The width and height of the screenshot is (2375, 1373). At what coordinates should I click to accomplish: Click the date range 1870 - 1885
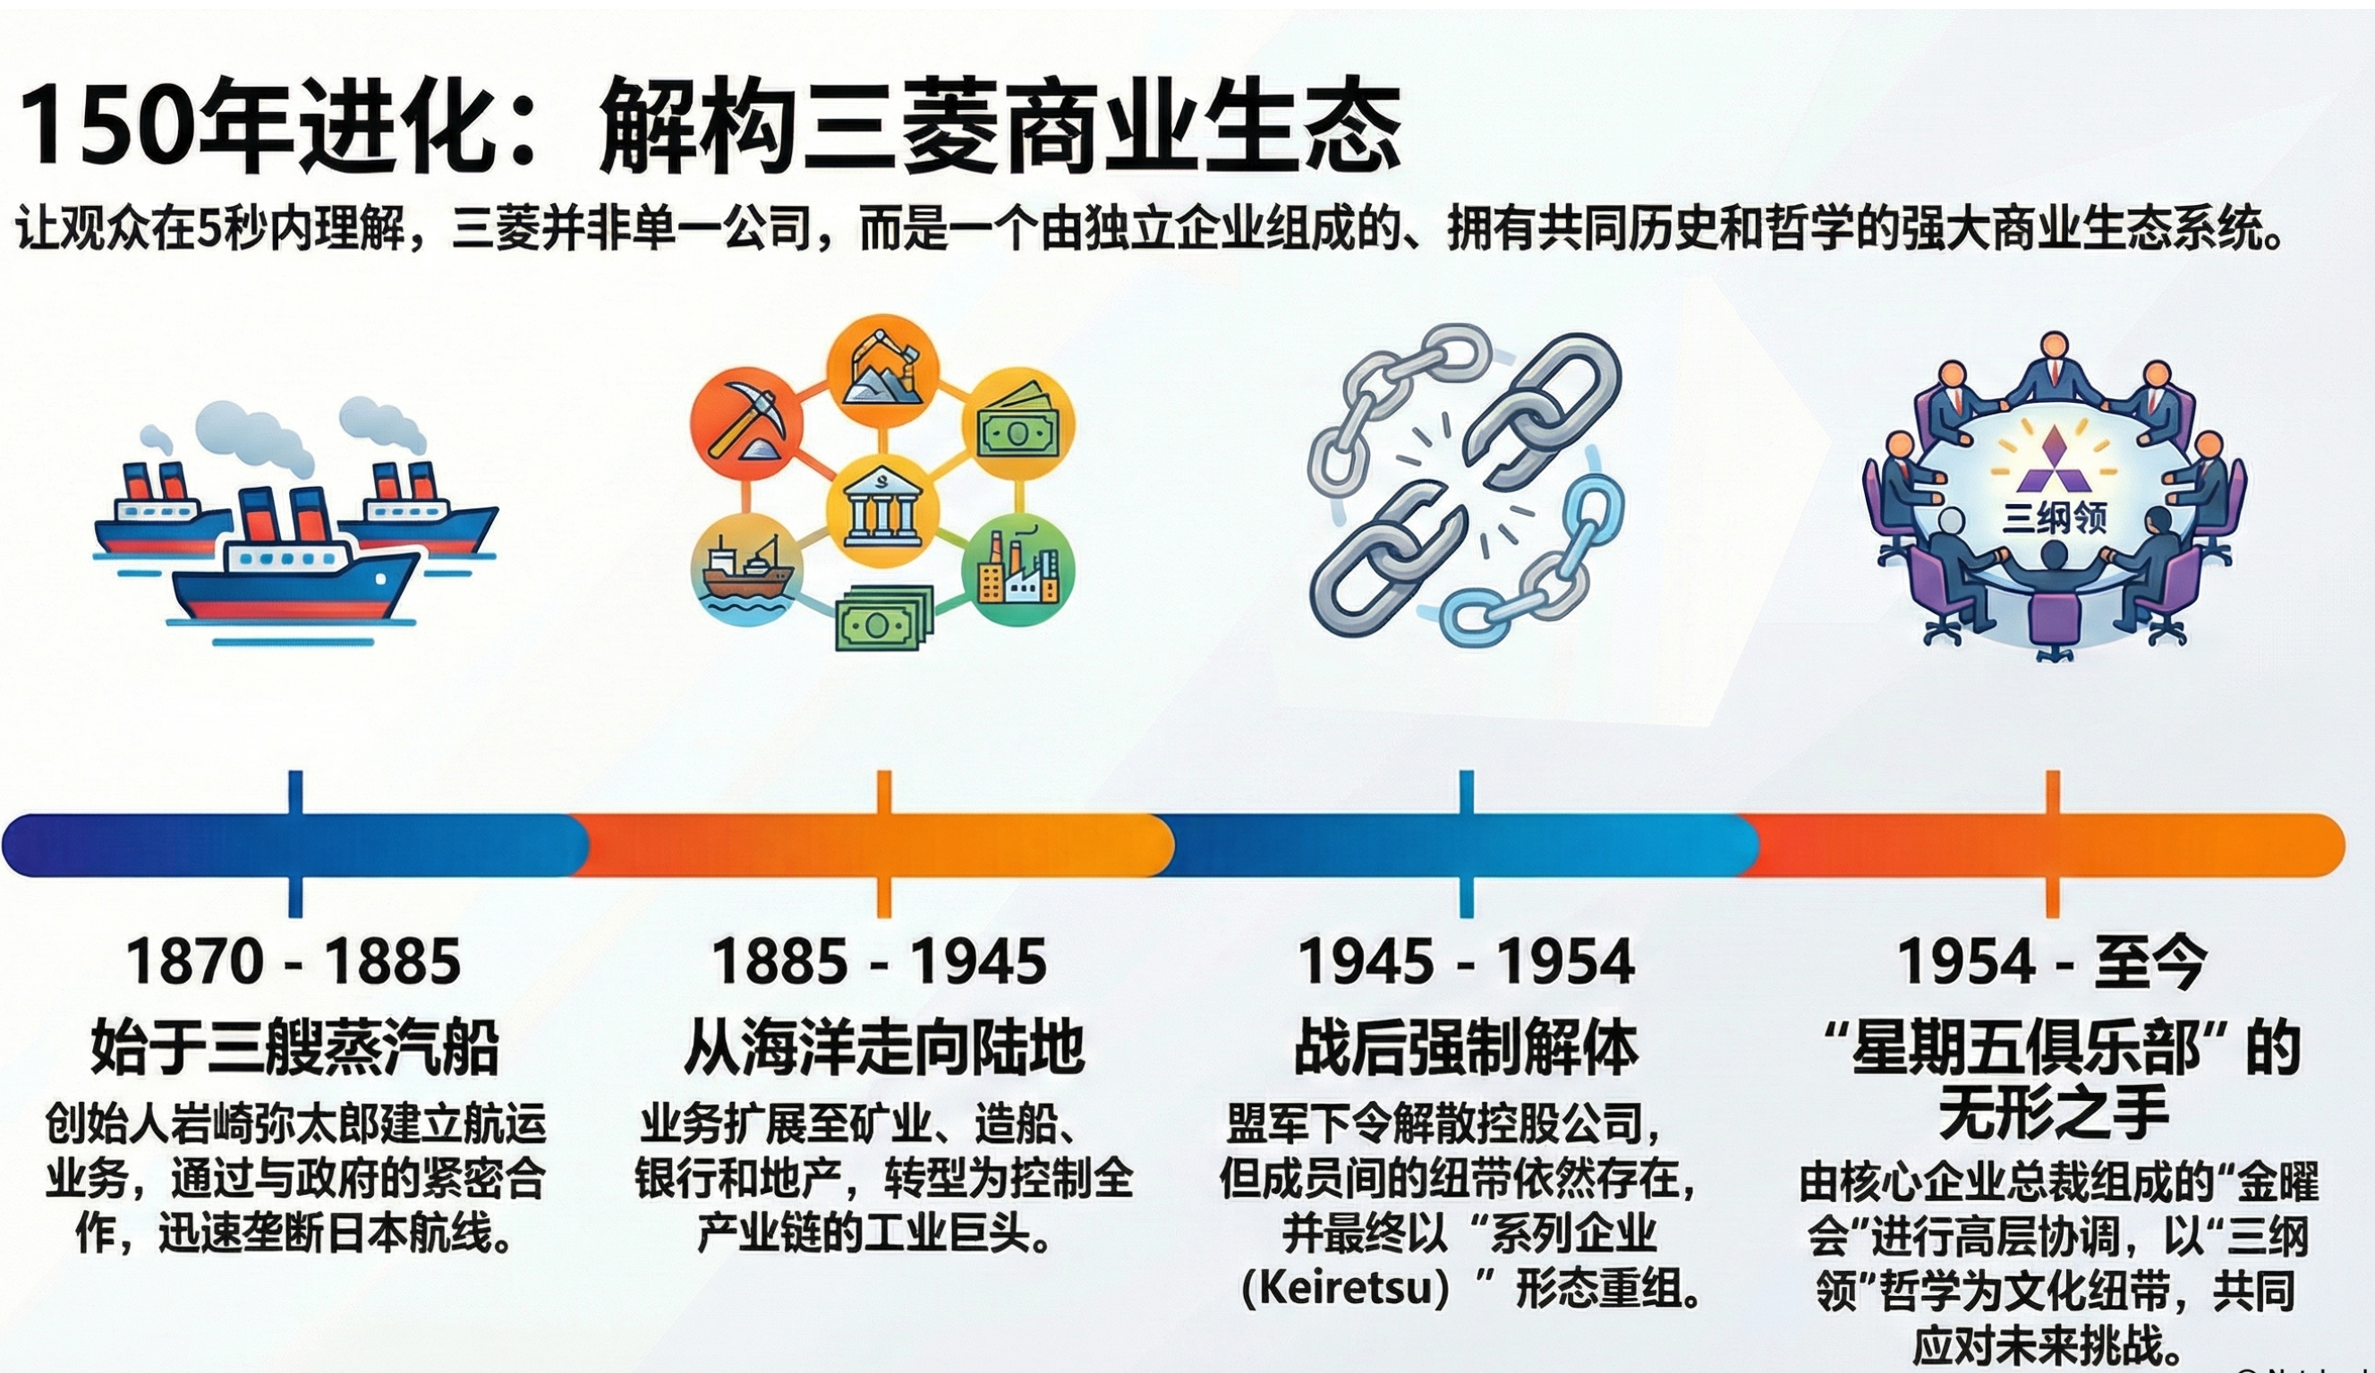click(294, 961)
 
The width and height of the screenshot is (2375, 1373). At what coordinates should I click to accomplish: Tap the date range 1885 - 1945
click(880, 961)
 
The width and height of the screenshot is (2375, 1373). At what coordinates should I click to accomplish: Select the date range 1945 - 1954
click(1467, 961)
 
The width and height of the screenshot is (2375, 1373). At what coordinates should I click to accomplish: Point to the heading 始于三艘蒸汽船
click(295, 1046)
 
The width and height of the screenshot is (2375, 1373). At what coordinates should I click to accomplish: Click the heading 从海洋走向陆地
click(883, 1046)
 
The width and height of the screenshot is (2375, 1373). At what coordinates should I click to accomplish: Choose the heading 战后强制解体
click(1467, 1046)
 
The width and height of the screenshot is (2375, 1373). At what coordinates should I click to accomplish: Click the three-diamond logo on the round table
click(2053, 459)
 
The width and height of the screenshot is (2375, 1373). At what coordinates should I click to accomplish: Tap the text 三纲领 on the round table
click(2054, 518)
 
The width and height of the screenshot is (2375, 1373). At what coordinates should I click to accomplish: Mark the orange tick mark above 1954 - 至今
click(2052, 843)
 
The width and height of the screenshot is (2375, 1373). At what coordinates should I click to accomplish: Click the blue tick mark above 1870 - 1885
click(295, 843)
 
